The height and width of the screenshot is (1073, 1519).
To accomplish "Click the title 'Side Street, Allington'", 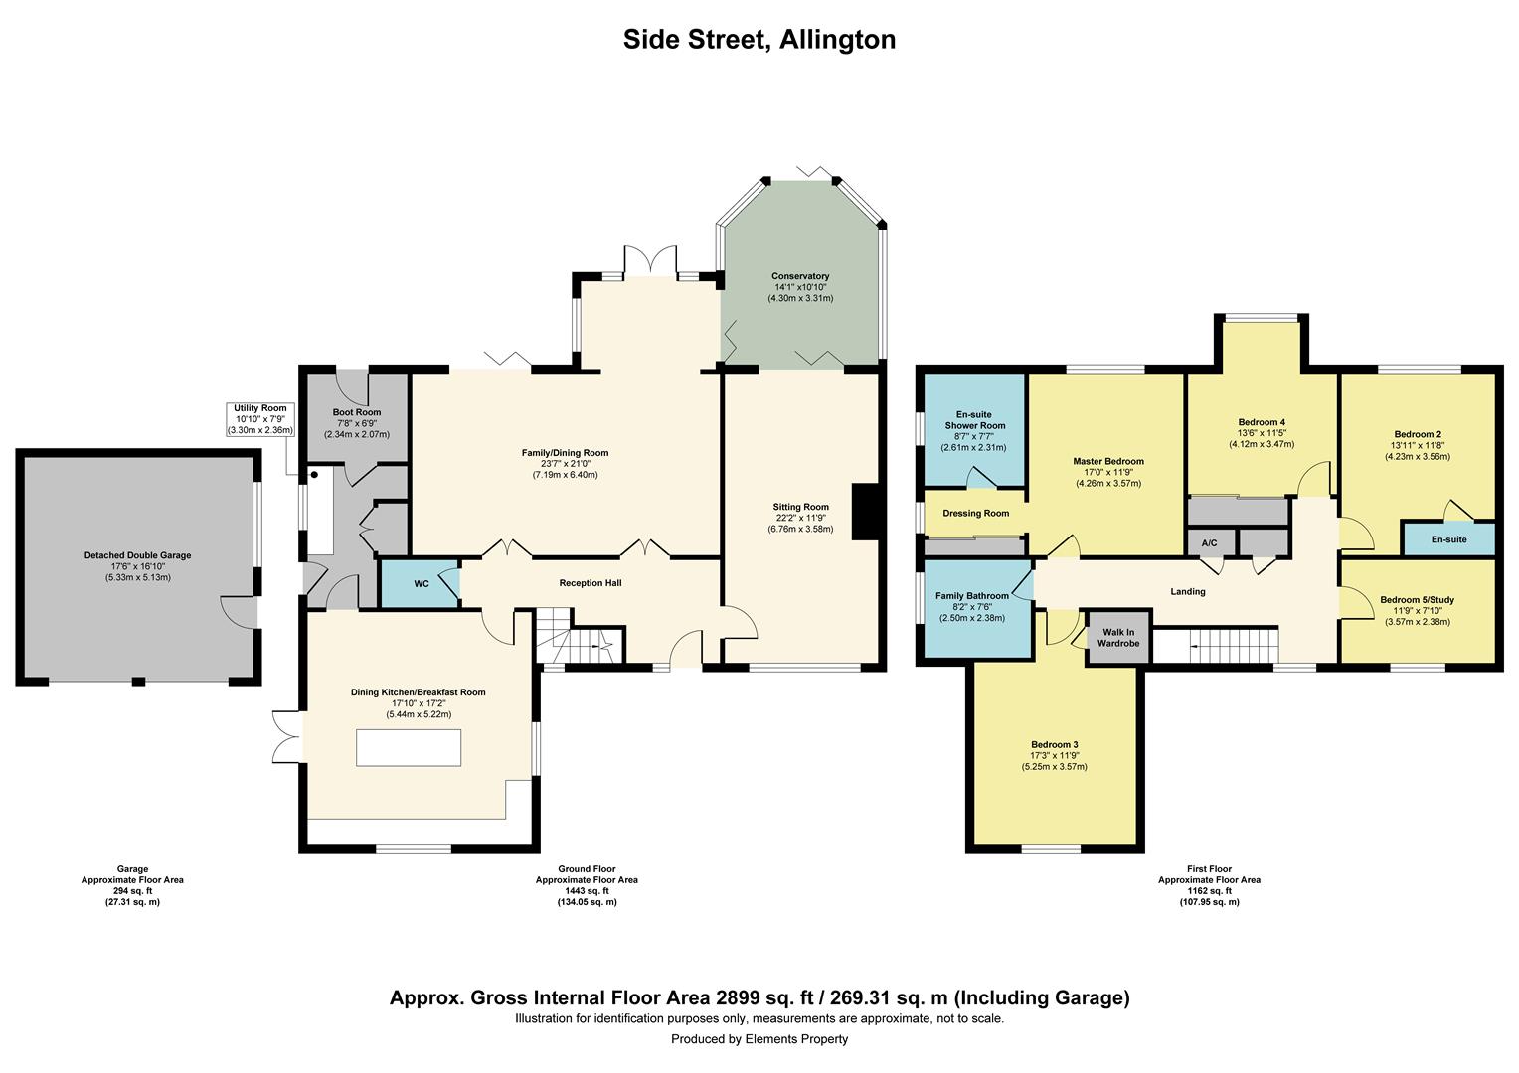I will (x=759, y=39).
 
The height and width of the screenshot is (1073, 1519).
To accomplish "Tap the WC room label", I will (x=422, y=584).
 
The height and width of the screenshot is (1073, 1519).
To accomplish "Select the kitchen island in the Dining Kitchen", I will (x=409, y=747).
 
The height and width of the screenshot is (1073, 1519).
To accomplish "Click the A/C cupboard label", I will (x=1210, y=543).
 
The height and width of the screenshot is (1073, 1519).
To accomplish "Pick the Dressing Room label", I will (x=975, y=514).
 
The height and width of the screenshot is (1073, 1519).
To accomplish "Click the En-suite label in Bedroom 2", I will (x=1448, y=539).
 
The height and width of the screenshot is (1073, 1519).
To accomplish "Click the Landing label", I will (x=1187, y=592).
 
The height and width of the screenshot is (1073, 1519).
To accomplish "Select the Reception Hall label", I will (x=590, y=583).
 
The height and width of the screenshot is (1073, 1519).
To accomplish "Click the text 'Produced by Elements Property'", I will (x=759, y=1039).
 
